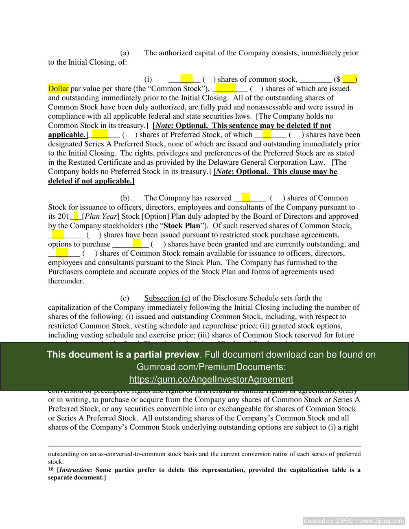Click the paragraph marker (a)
[125, 53]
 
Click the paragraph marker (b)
[125, 198]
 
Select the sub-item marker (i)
[148, 79]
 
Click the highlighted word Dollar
[58, 89]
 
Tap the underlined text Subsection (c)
[167, 298]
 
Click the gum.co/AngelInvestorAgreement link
[211, 379]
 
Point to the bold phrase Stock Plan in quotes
[182, 226]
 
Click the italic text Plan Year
[101, 216]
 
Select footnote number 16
[51, 469]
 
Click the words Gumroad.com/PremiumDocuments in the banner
[211, 367]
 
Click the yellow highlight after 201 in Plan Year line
[76, 216]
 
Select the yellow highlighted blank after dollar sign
[349, 79]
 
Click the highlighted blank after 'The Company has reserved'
[245, 198]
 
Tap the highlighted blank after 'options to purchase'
[136, 244]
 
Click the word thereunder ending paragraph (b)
[66, 281]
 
